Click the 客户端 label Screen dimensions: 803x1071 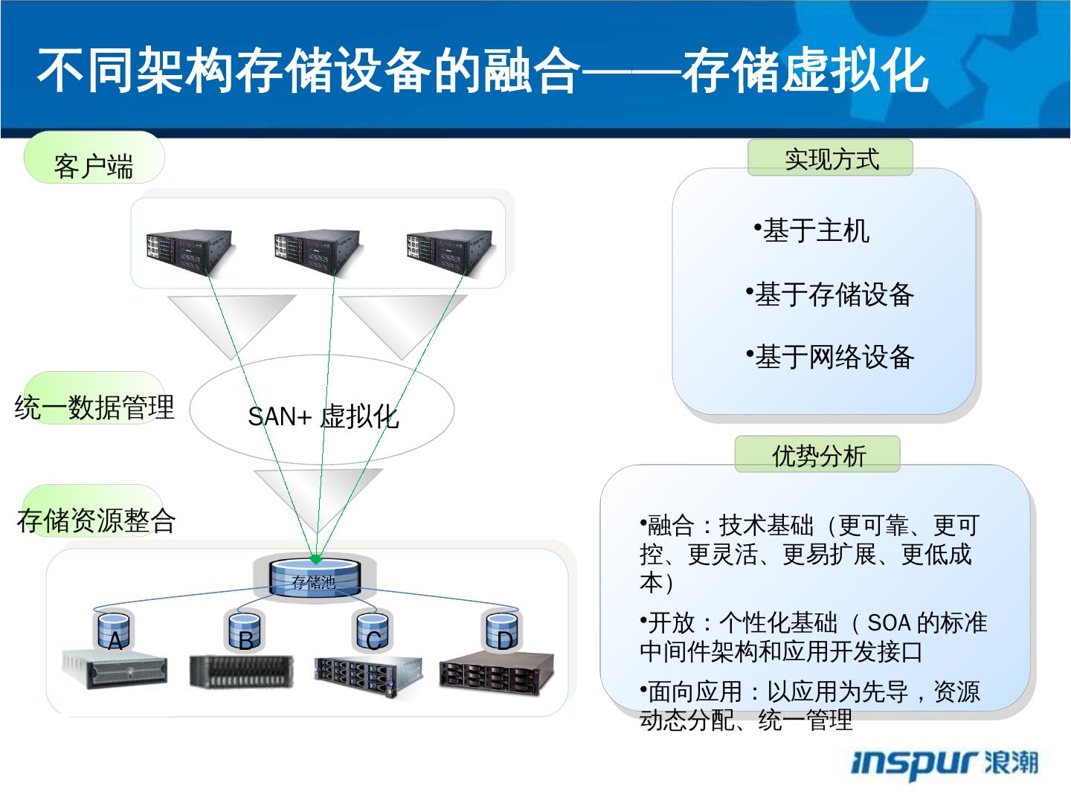[94, 166]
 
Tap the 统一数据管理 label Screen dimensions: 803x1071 [94, 407]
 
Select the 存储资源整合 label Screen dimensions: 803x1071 [96, 520]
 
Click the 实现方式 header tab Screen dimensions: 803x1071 [830, 158]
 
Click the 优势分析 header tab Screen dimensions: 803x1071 [817, 454]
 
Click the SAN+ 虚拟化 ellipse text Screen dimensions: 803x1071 [323, 416]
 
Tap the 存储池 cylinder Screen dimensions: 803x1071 [314, 579]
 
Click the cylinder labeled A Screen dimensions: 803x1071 [115, 631]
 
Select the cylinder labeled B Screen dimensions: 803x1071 [245, 631]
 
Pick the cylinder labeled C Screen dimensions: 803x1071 [373, 631]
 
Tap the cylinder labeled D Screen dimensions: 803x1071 [504, 631]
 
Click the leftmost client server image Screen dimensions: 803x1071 [190, 250]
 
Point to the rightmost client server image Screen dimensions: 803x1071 [449, 250]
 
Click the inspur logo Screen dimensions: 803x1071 [944, 764]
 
